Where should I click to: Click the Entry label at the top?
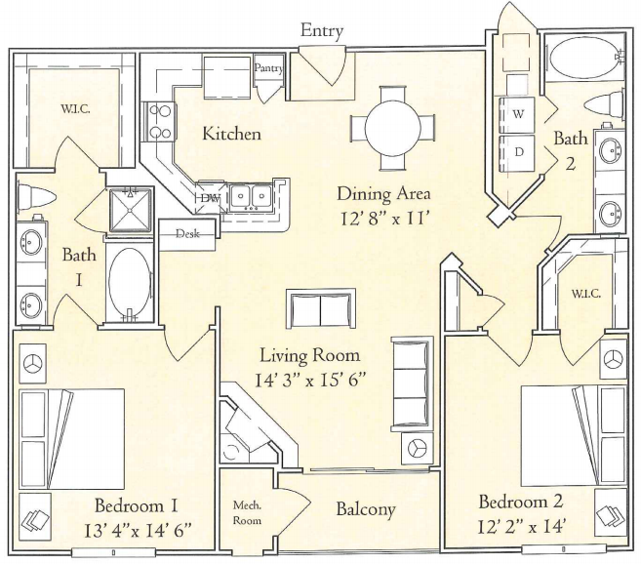[x=322, y=31]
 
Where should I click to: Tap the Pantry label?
[x=268, y=68]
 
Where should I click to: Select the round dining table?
[x=392, y=128]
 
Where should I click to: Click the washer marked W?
[x=517, y=115]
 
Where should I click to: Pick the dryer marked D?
[x=517, y=152]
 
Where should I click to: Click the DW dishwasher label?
[x=211, y=198]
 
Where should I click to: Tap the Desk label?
[x=187, y=234]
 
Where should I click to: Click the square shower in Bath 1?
[x=131, y=210]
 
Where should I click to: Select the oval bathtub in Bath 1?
[x=130, y=282]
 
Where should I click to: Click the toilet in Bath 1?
[x=36, y=196]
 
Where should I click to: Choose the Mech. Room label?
[x=247, y=513]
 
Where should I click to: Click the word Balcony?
[x=366, y=509]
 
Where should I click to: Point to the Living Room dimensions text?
[x=309, y=381]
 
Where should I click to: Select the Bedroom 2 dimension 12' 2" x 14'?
[x=521, y=529]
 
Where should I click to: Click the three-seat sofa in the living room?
[x=412, y=384]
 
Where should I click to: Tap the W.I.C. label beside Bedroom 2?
[x=585, y=294]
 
